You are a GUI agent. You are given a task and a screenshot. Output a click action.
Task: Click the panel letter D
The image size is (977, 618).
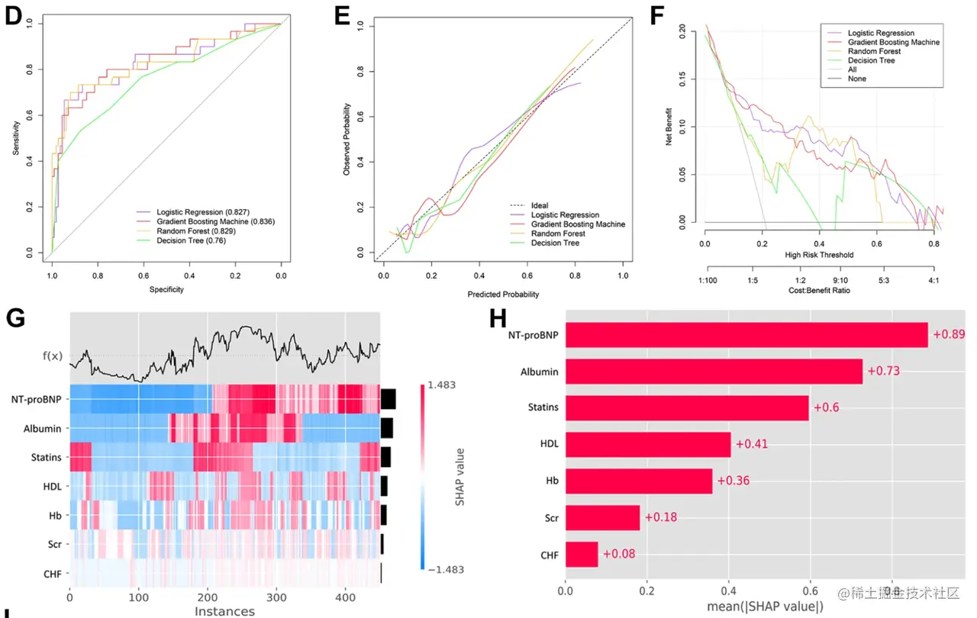coord(13,17)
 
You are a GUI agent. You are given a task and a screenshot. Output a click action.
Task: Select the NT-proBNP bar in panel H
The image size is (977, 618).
coord(746,335)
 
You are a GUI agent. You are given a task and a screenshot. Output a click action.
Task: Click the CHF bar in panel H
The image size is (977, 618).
coord(582,554)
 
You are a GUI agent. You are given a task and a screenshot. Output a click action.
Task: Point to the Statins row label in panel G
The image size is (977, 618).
coord(48,458)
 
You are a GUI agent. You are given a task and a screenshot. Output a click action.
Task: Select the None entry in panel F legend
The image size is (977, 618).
coord(857,79)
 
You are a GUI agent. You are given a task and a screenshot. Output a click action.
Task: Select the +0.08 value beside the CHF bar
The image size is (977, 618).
coord(618,554)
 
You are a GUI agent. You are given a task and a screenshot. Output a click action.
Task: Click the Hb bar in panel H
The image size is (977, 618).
coord(639,481)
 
